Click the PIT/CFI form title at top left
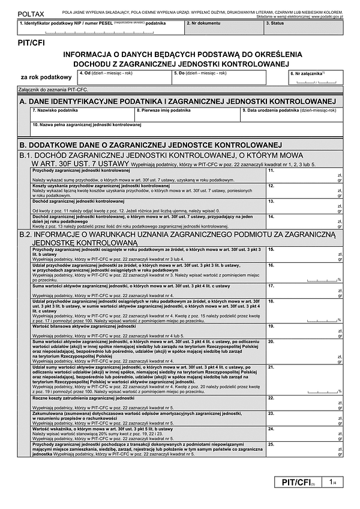click(x=32, y=44)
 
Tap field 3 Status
click(x=302, y=26)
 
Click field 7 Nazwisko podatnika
click(x=82, y=114)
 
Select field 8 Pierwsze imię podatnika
click(x=187, y=114)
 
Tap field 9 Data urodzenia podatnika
click(x=292, y=114)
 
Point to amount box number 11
click(x=304, y=175)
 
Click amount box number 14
click(x=304, y=221)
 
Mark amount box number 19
click(x=304, y=330)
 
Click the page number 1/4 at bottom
click(x=332, y=483)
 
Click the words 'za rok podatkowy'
click(x=46, y=77)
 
